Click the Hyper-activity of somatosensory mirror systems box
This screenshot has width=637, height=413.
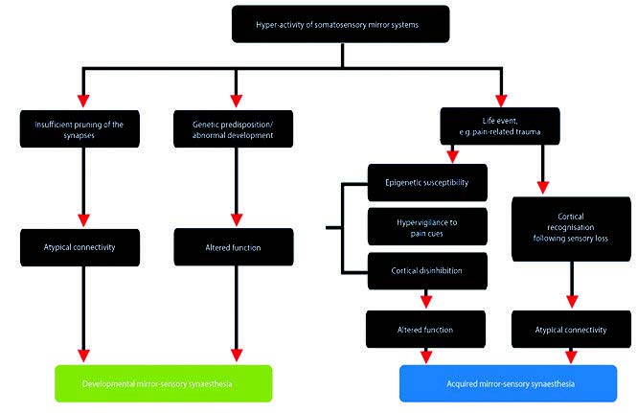click(340, 24)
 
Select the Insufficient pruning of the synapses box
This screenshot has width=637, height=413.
click(80, 128)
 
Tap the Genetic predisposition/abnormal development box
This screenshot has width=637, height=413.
click(233, 128)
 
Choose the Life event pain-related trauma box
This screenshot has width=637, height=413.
click(500, 126)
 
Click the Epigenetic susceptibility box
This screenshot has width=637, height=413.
click(427, 182)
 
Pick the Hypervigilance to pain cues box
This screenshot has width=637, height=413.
click(427, 227)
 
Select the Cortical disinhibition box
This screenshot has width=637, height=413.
click(427, 271)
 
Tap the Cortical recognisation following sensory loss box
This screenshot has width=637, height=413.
click(571, 229)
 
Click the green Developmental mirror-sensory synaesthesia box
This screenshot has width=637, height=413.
click(163, 383)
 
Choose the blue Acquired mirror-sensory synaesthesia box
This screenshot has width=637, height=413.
click(509, 383)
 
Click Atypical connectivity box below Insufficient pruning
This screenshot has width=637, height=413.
click(80, 247)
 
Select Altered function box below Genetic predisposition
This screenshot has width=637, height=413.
click(234, 247)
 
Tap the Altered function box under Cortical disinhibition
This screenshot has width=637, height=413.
click(425, 330)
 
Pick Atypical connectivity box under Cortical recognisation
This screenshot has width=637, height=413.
click(571, 330)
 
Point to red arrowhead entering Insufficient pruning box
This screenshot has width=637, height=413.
click(83, 102)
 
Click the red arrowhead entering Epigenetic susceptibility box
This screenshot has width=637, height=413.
click(452, 156)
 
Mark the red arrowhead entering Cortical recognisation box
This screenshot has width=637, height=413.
click(543, 188)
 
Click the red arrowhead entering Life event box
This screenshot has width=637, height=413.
click(501, 102)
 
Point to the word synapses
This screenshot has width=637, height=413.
click(80, 135)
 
